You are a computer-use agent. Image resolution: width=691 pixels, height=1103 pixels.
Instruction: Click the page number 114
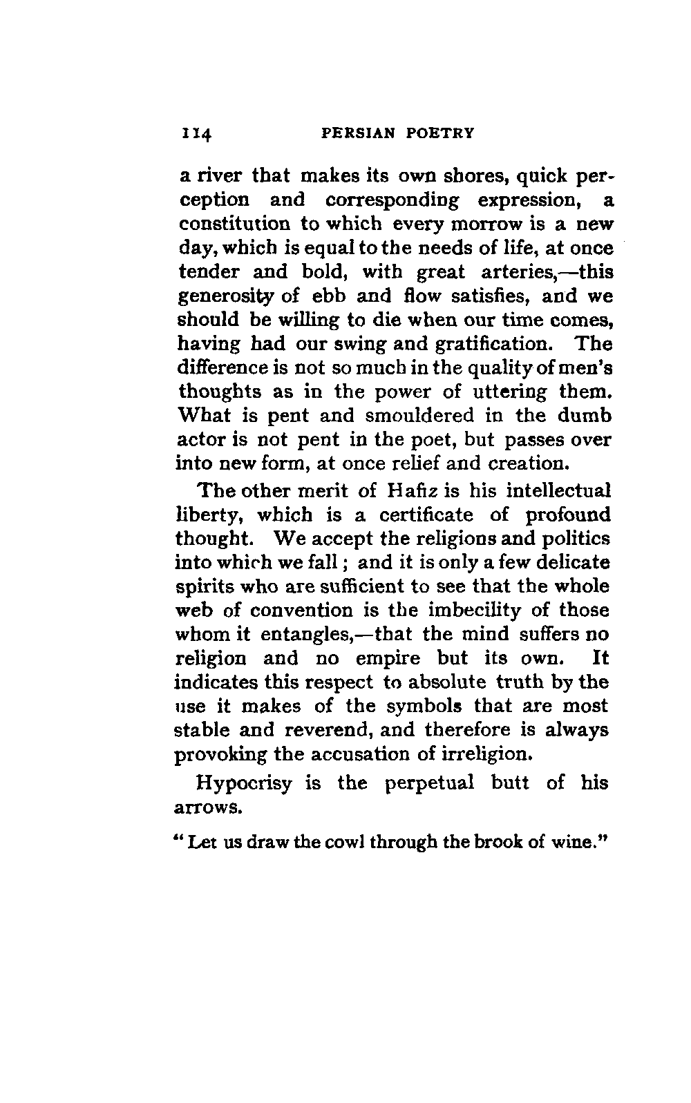(198, 133)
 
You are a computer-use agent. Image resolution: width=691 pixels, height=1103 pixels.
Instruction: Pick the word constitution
(235, 224)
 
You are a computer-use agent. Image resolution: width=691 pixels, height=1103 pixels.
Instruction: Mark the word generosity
(227, 296)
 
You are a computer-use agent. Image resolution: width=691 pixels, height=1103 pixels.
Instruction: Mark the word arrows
(209, 807)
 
